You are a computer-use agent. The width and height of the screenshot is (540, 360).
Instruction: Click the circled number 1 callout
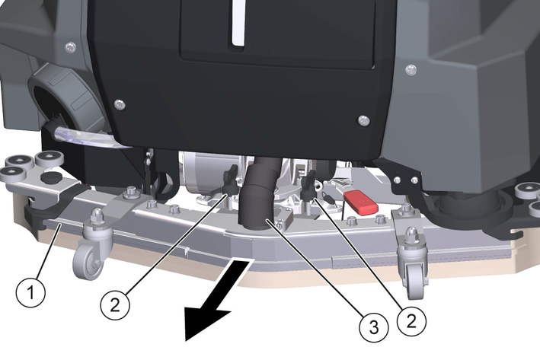tap(30, 293)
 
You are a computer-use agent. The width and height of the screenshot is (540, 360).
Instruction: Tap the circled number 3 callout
tap(374, 327)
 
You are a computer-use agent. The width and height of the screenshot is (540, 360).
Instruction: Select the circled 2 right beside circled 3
tap(411, 321)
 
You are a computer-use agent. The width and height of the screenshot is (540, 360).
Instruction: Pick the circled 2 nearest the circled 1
tap(115, 305)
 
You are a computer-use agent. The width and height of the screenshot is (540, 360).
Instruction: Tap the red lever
tap(361, 202)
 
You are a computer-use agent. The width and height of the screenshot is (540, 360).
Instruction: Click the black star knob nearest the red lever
tap(308, 185)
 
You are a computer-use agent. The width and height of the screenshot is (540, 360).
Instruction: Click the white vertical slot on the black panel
tap(238, 22)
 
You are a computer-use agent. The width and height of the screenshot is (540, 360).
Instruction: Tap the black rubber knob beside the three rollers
tap(51, 178)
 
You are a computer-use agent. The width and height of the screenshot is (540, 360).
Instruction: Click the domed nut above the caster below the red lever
tap(411, 234)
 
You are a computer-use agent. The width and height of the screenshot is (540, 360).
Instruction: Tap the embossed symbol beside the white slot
tap(261, 32)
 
